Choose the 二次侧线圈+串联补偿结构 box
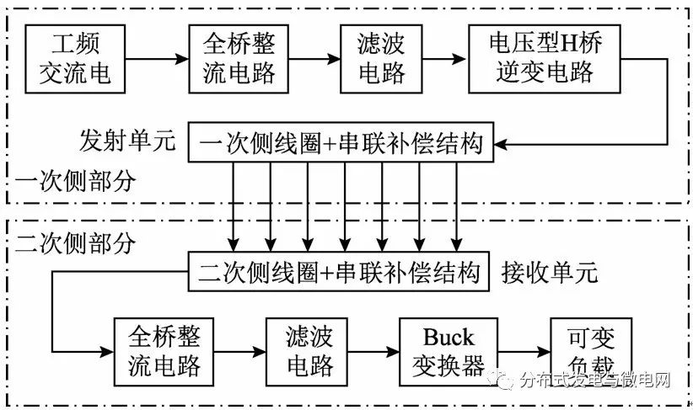(341, 272)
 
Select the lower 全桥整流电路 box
(166, 350)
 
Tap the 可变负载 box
(580, 350)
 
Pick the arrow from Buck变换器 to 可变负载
(523, 350)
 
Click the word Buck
(449, 338)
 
